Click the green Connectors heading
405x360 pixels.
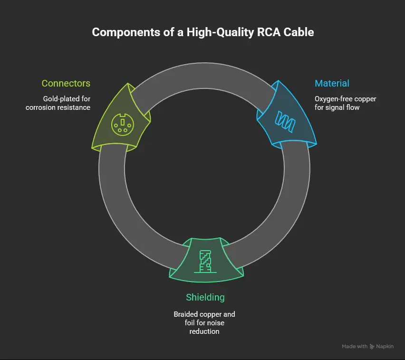66,83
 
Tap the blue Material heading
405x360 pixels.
332,83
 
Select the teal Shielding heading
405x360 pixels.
205,297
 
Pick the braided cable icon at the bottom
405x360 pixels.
205,261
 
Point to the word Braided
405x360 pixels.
186,314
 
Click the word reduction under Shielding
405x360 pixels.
205,331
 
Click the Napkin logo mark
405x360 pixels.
373,347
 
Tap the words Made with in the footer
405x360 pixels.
355,347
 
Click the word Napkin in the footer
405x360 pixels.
386,347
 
